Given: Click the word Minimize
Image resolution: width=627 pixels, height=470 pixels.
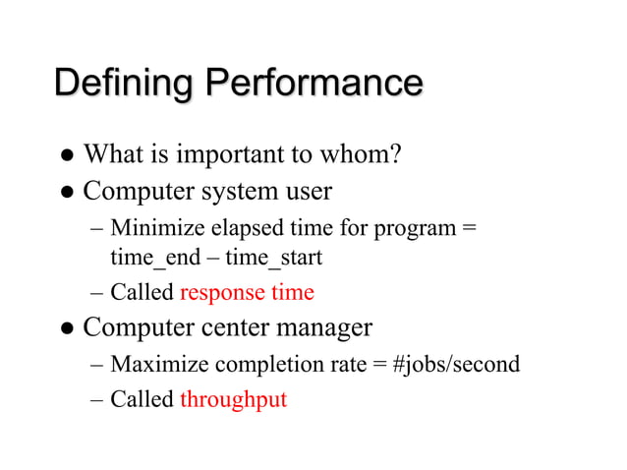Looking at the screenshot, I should coord(158,229).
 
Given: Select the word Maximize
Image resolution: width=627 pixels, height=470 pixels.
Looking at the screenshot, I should coord(159,365).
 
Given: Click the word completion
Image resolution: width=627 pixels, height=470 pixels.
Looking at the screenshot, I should coord(263,366).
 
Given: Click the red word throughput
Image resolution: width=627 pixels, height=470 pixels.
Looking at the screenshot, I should coord(233,400).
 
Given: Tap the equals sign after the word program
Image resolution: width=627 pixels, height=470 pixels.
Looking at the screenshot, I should coord(469,229).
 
